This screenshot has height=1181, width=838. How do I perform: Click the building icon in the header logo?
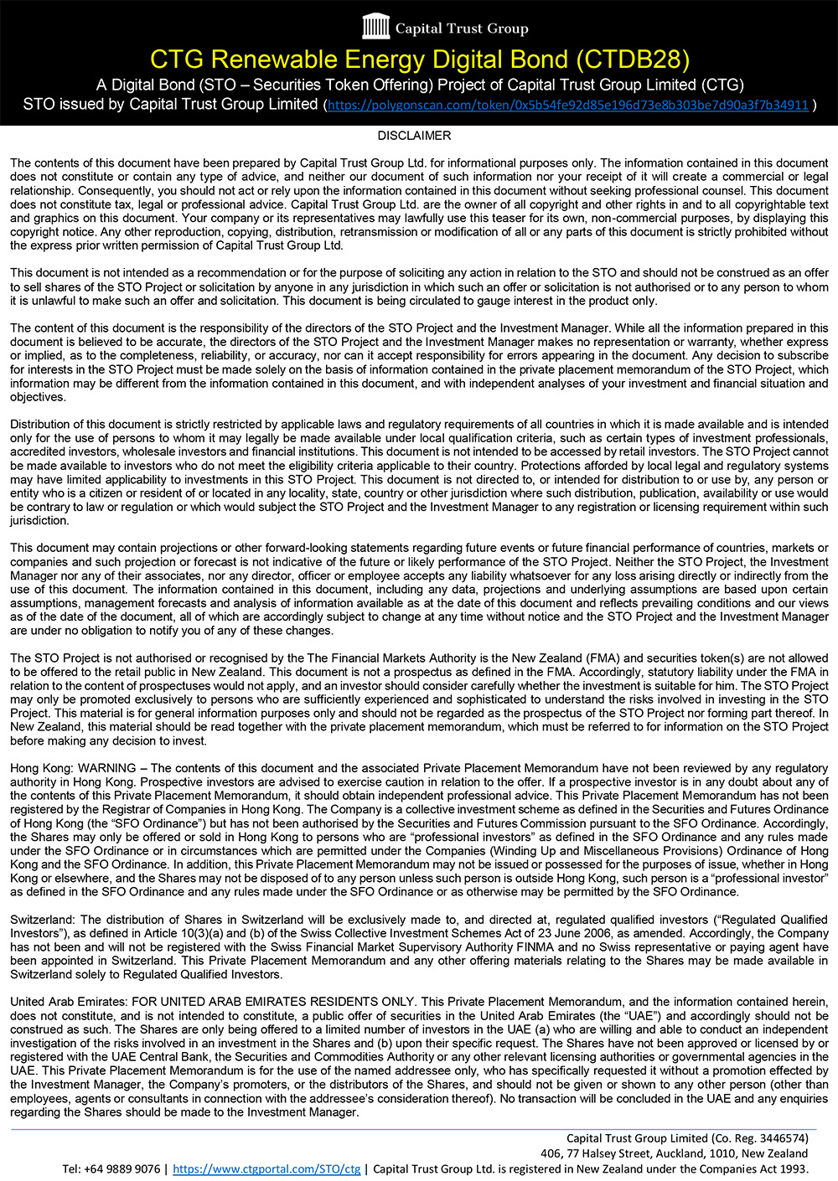click(376, 27)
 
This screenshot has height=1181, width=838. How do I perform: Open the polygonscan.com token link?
click(567, 106)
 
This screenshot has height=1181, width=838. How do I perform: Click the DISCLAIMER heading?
click(414, 136)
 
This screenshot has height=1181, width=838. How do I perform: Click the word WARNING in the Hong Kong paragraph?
click(106, 768)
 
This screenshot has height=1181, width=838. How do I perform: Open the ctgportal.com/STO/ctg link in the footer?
click(266, 1169)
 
